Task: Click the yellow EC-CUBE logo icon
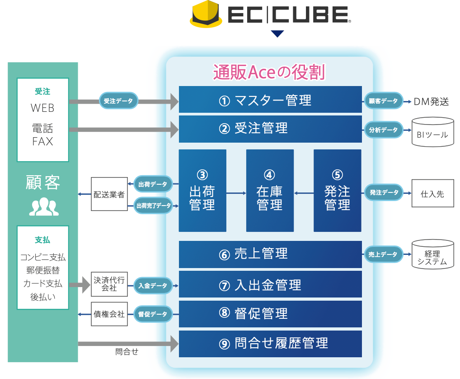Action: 206,14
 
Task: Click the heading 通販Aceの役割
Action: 269,72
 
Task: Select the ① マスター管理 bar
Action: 270,100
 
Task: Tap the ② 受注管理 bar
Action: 270,129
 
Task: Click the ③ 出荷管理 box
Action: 202,191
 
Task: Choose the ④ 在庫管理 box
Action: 270,191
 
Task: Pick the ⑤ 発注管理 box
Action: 338,191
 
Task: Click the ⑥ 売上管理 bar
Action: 270,254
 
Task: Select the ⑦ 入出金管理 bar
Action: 270,285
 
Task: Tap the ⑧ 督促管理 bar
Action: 270,314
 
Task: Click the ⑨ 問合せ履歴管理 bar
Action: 270,344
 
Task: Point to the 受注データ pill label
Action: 118,101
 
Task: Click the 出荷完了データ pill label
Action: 154,206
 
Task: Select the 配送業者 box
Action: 109,194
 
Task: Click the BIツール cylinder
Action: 432,132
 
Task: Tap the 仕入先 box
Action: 432,193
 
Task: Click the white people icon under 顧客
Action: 44,206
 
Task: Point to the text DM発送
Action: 431,101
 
